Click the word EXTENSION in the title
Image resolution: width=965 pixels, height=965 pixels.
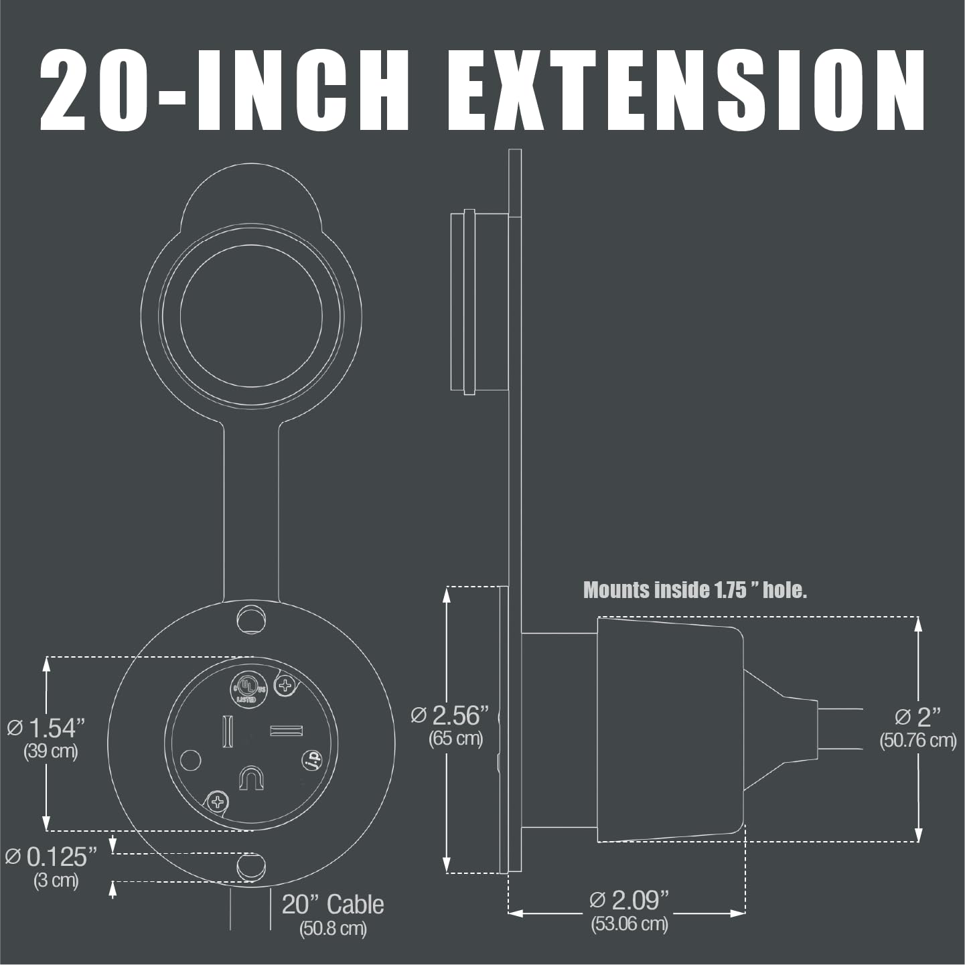pyautogui.click(x=686, y=90)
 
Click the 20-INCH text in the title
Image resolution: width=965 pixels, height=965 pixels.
pyautogui.click(x=225, y=90)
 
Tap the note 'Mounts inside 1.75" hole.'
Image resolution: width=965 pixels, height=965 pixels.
pyautogui.click(x=695, y=591)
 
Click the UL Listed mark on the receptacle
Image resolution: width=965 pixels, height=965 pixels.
pyautogui.click(x=247, y=688)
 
